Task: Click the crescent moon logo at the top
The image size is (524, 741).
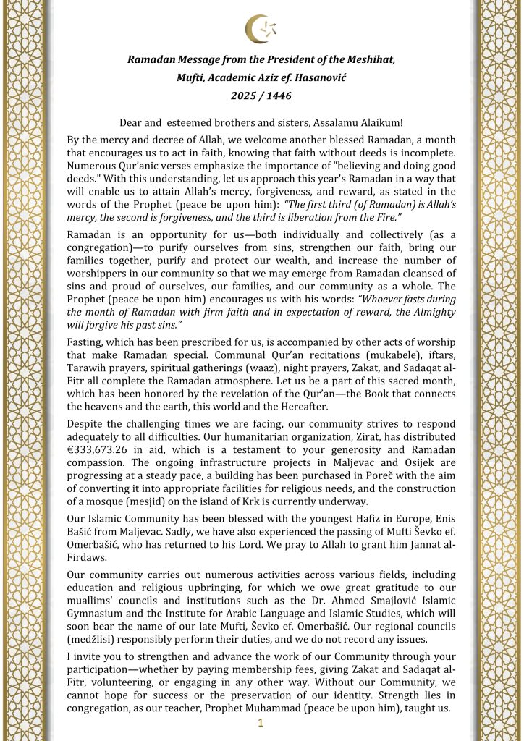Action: coord(261,30)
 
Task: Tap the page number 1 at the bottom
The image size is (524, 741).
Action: coord(261,724)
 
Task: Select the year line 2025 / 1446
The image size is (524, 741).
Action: coord(261,95)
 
